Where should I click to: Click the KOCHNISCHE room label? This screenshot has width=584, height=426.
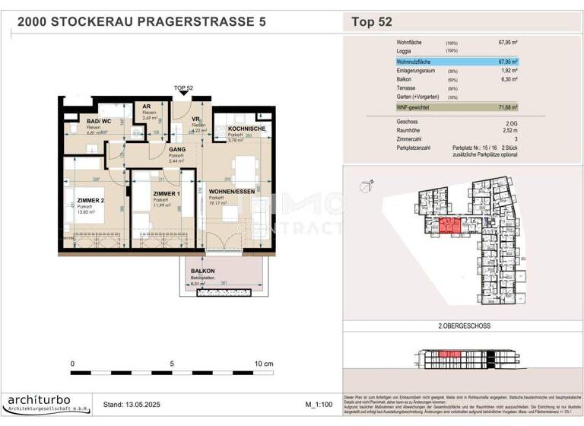[236, 130]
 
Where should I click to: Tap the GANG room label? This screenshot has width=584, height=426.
[177, 151]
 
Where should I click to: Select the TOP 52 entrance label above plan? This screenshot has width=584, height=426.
[183, 88]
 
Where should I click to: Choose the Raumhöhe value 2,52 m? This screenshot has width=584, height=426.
[509, 130]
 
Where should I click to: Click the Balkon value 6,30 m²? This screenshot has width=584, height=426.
[508, 80]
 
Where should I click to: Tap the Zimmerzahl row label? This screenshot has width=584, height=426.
[411, 139]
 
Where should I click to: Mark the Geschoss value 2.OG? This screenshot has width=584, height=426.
[510, 121]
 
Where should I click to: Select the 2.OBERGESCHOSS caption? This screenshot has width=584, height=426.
[463, 326]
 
